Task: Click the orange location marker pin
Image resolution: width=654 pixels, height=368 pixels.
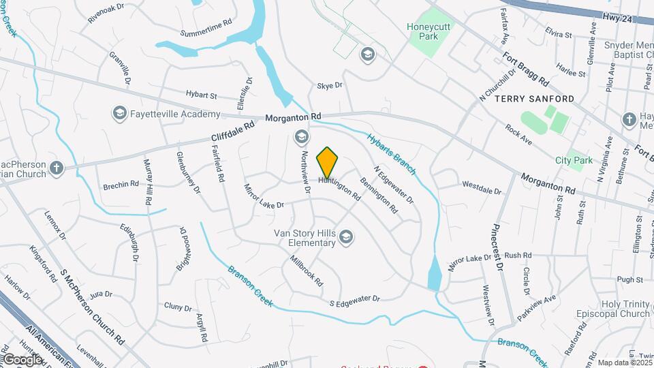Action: pos(328,163)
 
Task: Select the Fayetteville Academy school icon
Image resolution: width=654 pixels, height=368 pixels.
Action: pos(119,112)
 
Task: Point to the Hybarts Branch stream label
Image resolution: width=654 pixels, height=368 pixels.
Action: pos(391,147)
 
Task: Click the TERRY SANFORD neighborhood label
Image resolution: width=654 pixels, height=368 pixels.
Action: pos(534,99)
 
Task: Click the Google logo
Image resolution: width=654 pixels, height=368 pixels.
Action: pos(22,359)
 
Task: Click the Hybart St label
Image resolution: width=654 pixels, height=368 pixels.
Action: pos(201,95)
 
